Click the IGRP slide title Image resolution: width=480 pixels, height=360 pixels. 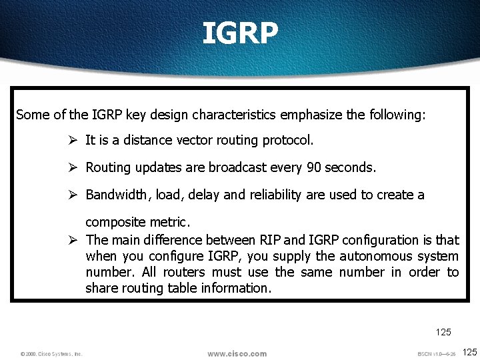point(240,33)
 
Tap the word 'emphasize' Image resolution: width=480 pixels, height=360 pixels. point(311,115)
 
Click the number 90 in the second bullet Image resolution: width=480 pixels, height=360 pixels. point(313,168)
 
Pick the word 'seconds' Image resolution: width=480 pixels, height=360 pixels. point(351,168)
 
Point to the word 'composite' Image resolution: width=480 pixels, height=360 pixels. point(112,221)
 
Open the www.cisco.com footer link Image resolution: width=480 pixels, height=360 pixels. point(237,353)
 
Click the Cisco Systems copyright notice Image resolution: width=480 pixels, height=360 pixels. point(51,354)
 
